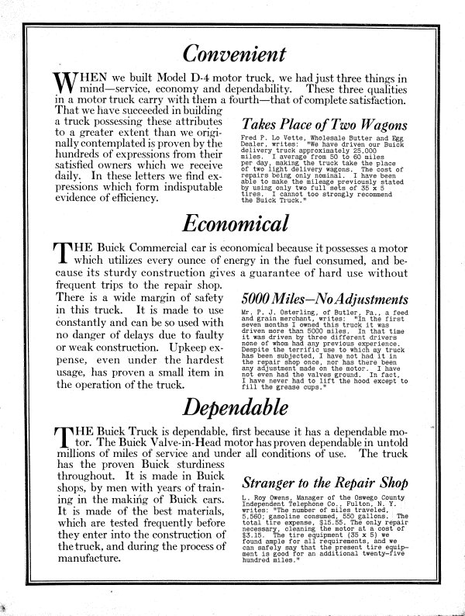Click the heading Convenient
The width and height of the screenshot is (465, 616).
pos(232,53)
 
